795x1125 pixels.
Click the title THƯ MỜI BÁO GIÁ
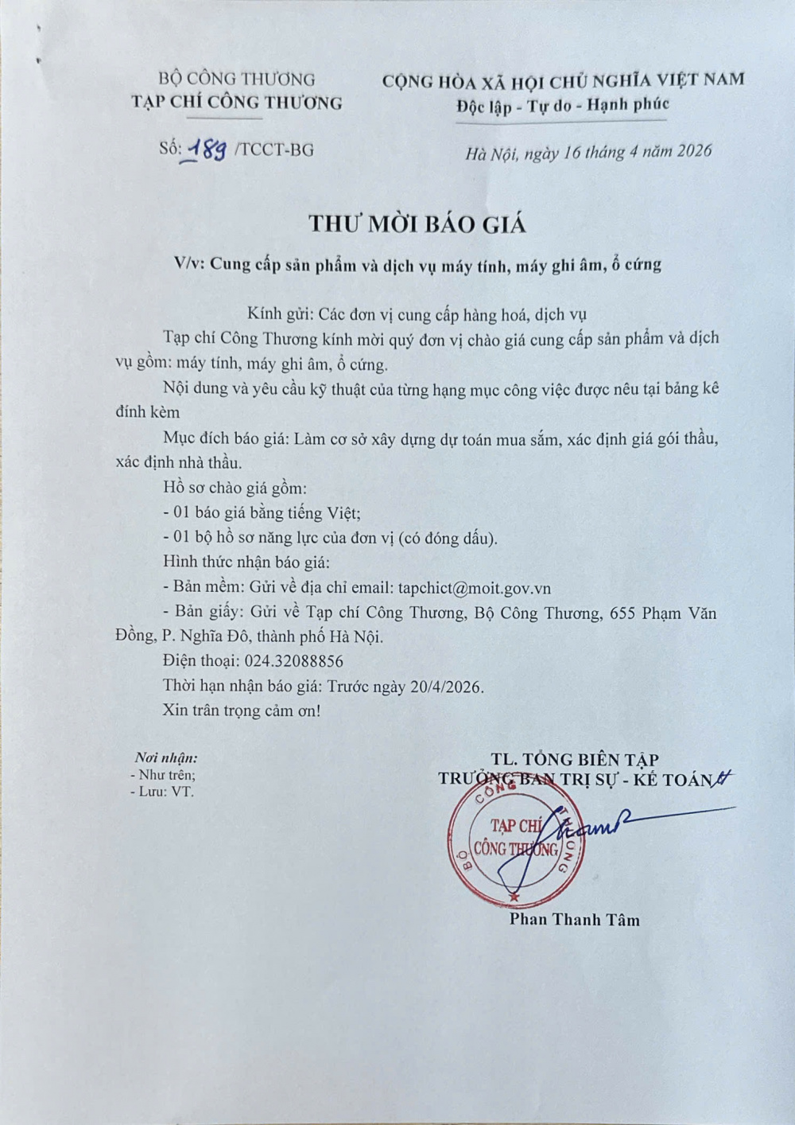click(x=417, y=224)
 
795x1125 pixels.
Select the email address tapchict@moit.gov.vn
click(x=475, y=588)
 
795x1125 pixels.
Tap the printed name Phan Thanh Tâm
click(x=574, y=920)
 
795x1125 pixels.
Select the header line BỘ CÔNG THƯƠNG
click(x=236, y=79)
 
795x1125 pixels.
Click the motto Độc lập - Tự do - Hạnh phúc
click(x=563, y=105)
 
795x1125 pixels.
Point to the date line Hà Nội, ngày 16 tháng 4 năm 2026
click(x=588, y=152)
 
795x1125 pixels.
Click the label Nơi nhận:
click(x=165, y=758)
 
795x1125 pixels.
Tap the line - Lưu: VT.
click(x=162, y=792)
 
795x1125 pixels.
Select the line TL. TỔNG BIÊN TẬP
click(x=574, y=760)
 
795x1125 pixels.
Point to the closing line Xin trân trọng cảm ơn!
click(x=242, y=710)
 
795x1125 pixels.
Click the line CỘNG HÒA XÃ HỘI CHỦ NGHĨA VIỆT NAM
click(x=563, y=80)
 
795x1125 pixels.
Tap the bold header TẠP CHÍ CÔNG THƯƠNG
click(x=236, y=102)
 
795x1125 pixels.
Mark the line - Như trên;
click(x=163, y=775)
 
